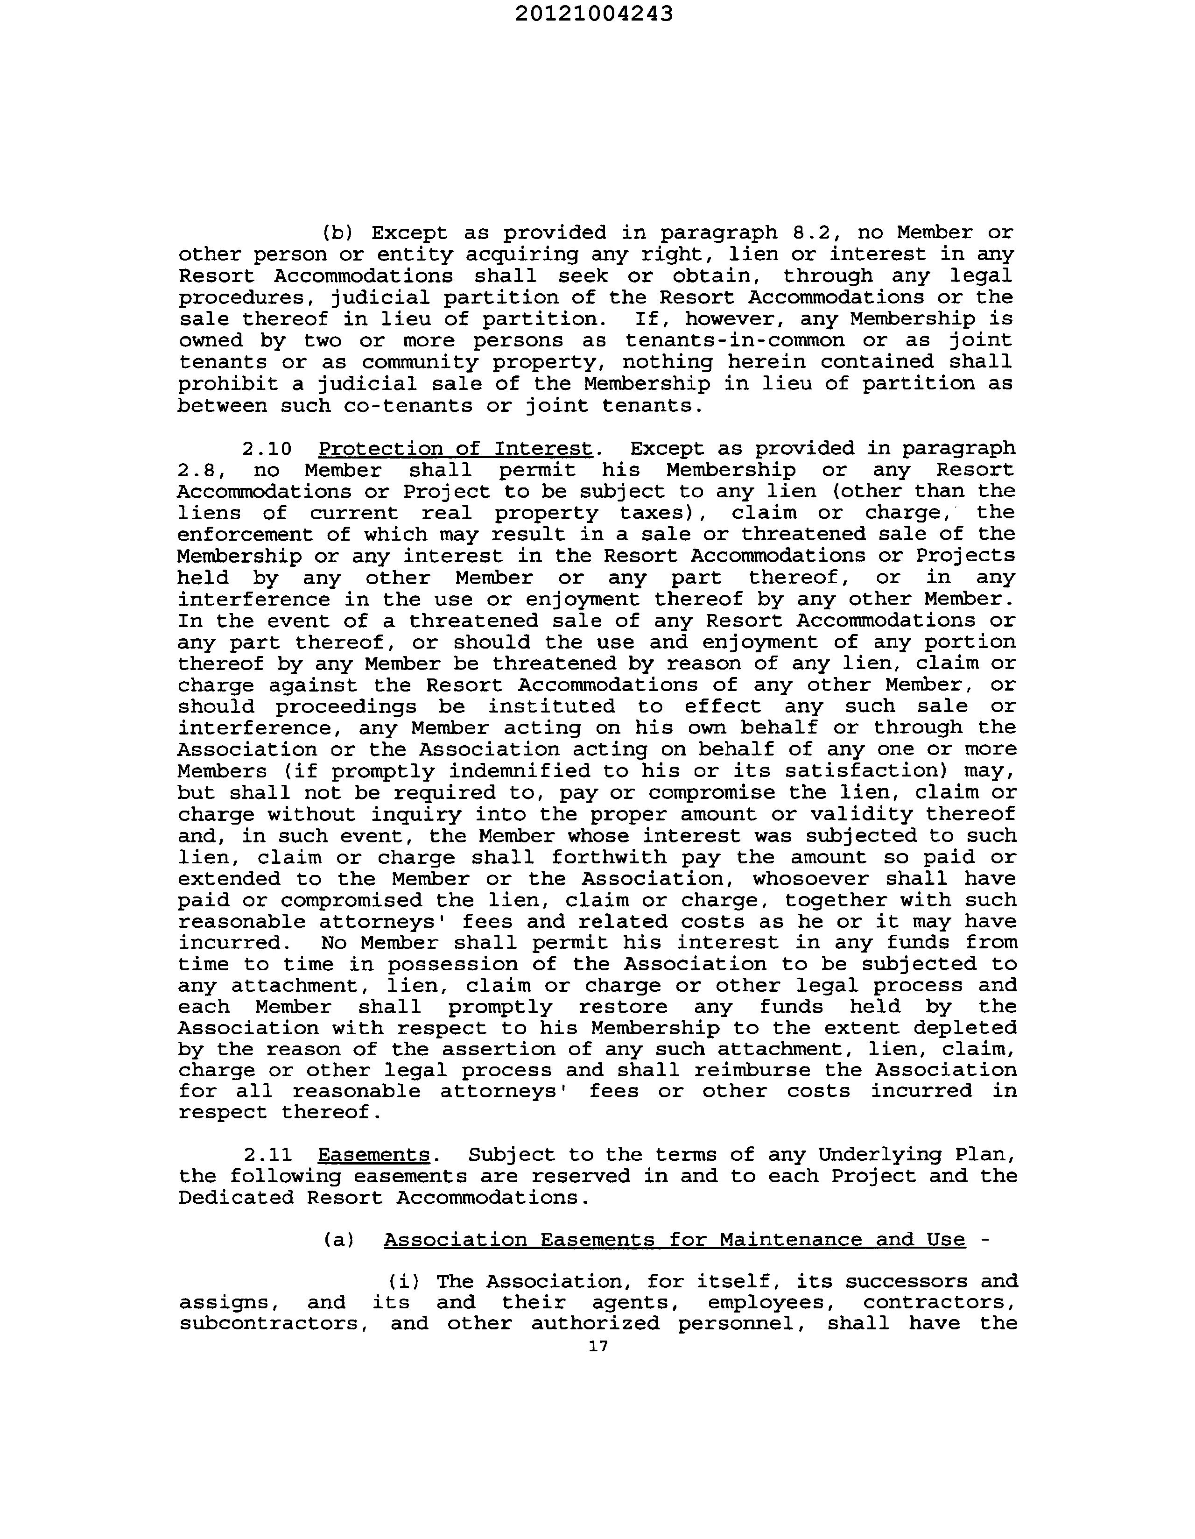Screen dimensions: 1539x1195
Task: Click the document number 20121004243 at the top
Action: coord(593,14)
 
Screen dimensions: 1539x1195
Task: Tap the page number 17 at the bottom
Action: coord(597,1346)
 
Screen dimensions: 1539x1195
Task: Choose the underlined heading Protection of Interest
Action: coord(455,449)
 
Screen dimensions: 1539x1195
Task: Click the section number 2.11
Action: coord(268,1155)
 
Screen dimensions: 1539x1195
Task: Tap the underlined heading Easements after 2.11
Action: coord(373,1155)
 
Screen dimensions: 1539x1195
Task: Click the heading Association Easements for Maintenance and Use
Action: coord(675,1240)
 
